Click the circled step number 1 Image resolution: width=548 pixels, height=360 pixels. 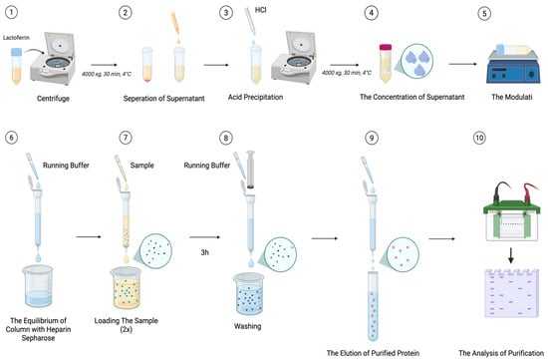coord(16,14)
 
